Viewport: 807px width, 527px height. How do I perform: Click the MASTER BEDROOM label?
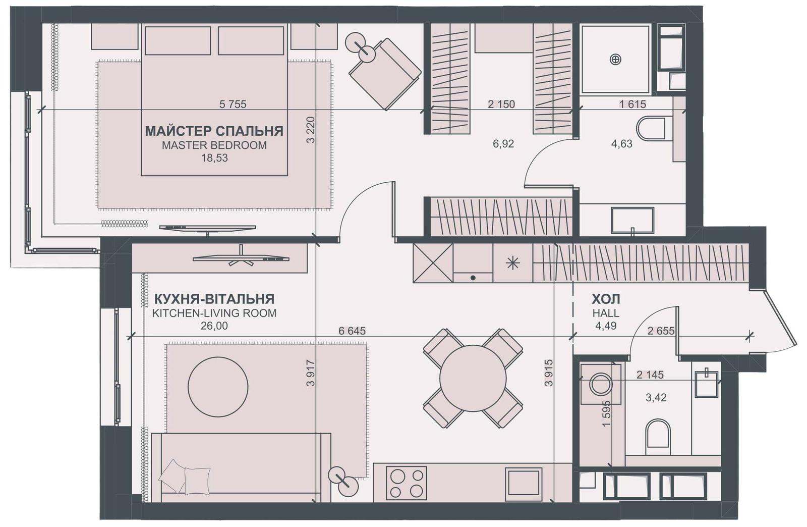(x=214, y=145)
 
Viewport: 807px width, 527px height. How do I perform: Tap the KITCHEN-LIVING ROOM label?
(x=214, y=313)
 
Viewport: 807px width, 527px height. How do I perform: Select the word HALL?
(x=606, y=313)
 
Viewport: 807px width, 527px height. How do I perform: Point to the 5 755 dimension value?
(x=233, y=104)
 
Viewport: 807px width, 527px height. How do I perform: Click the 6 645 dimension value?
(x=352, y=331)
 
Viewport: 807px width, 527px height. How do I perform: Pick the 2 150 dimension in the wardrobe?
(x=501, y=104)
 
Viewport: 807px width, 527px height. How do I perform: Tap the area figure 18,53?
(x=214, y=158)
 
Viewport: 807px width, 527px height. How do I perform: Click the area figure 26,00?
(x=214, y=326)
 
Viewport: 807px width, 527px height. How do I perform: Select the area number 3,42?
(x=656, y=398)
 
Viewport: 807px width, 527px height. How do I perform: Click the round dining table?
(x=473, y=378)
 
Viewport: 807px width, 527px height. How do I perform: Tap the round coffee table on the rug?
(x=218, y=387)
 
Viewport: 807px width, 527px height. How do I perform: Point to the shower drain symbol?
(x=615, y=59)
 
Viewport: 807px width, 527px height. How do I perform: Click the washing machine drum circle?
(x=601, y=384)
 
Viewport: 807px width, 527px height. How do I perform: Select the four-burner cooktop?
(x=407, y=483)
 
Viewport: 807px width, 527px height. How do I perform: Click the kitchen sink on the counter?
(x=524, y=484)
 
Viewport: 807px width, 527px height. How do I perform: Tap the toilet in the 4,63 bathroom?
(x=651, y=128)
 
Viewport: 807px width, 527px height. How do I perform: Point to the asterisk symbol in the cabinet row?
(x=512, y=263)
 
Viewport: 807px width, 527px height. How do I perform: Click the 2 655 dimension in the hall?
(x=661, y=331)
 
